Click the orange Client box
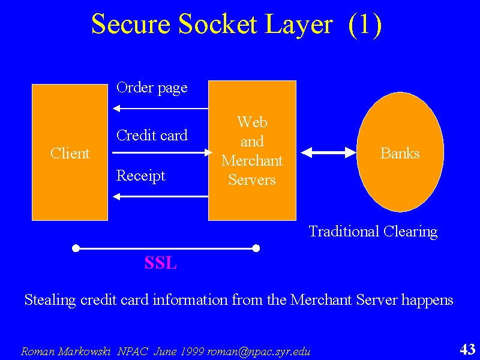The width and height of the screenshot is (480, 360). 70,152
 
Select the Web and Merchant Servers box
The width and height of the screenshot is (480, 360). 252,151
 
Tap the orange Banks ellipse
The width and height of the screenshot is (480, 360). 400,152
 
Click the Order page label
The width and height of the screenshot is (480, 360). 152,88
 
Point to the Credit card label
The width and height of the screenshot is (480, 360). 152,136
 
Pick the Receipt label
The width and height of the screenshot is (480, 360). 141,176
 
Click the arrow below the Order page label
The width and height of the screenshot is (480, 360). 161,109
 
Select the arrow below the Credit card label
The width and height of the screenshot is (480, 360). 162,152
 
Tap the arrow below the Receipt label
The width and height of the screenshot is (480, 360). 161,197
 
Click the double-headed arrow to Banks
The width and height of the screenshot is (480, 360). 328,152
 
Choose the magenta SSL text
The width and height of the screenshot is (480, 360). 160,263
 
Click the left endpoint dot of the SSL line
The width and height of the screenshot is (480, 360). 76,248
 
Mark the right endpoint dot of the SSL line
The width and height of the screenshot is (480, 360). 256,248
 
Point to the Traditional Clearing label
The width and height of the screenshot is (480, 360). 373,232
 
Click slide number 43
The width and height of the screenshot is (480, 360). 467,349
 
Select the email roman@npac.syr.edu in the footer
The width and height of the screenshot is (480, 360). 259,352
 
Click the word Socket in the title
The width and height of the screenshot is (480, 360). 218,24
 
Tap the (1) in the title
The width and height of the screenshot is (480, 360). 365,25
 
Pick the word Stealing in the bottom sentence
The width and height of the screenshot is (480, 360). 50,299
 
